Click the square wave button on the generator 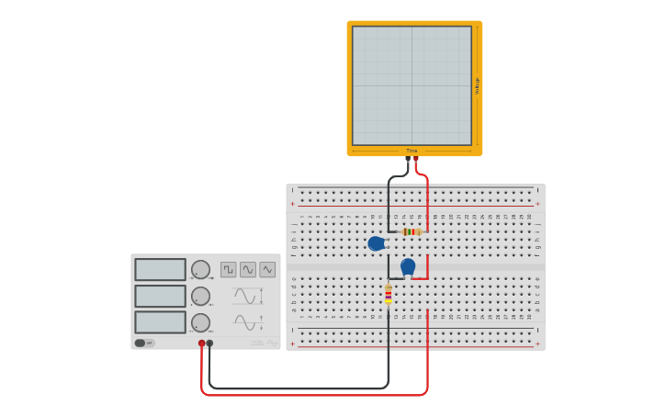pyautogui.click(x=228, y=269)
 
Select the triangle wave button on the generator pyautogui.click(x=267, y=269)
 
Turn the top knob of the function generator pyautogui.click(x=200, y=269)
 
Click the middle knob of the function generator pyautogui.click(x=200, y=296)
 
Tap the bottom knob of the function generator pyautogui.click(x=200, y=322)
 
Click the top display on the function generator pyautogui.click(x=160, y=269)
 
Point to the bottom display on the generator pyautogui.click(x=160, y=322)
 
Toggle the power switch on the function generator pyautogui.click(x=143, y=343)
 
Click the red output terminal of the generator pyautogui.click(x=202, y=343)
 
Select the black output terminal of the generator pyautogui.click(x=209, y=343)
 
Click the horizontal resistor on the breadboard pyautogui.click(x=411, y=231)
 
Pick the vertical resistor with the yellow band pyautogui.click(x=389, y=294)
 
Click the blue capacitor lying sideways pyautogui.click(x=376, y=243)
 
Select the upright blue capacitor pyautogui.click(x=408, y=266)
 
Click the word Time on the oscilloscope pyautogui.click(x=412, y=151)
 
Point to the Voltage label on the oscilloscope pyautogui.click(x=477, y=85)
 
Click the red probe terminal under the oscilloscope pyautogui.click(x=416, y=159)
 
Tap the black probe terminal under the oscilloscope pyautogui.click(x=408, y=159)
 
